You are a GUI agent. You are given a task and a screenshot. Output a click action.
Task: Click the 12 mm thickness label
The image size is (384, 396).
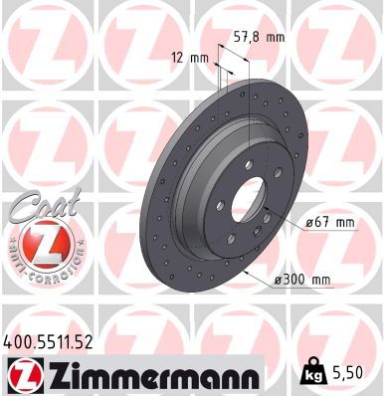pyautogui.click(x=192, y=57)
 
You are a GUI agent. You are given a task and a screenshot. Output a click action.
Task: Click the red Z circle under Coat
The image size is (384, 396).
pyautogui.click(x=46, y=244)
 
